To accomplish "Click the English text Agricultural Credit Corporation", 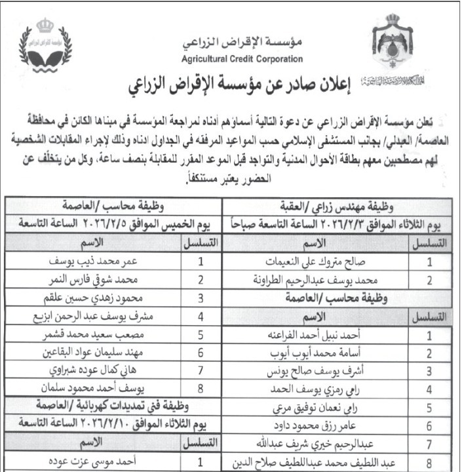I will coord(242,58).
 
